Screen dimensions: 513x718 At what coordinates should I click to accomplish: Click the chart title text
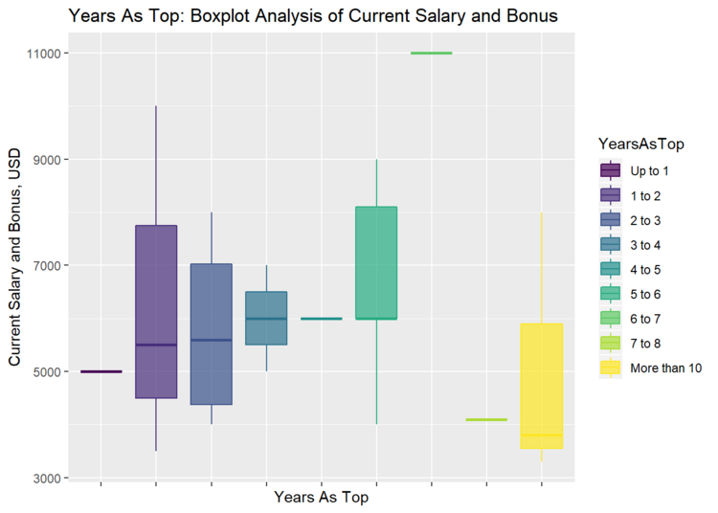point(313,16)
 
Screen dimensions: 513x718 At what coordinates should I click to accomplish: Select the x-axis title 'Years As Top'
point(321,498)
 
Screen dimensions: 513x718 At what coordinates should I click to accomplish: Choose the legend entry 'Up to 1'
point(650,170)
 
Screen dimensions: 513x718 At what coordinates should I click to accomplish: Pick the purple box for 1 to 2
point(156,311)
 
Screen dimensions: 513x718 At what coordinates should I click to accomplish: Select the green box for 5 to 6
point(376,262)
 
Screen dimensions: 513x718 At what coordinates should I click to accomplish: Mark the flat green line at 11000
point(431,54)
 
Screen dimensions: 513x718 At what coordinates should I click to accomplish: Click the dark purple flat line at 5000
point(101,371)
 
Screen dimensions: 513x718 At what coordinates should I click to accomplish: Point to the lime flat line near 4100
point(486,419)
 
